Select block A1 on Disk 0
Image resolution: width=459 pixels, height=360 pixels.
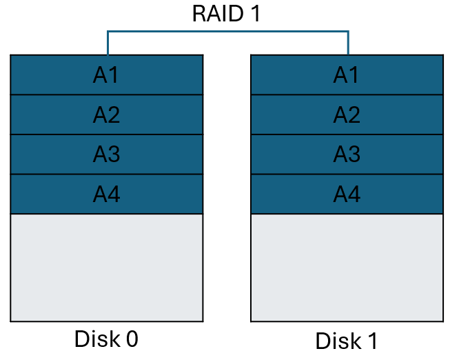[x=107, y=74]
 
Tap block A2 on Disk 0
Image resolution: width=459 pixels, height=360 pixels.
[x=107, y=114]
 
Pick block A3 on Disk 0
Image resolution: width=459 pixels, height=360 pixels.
[x=107, y=154]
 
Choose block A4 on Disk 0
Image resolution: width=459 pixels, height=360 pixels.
[x=107, y=194]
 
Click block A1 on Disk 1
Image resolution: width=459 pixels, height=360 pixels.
[x=347, y=74]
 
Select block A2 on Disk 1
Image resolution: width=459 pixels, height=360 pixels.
[x=347, y=114]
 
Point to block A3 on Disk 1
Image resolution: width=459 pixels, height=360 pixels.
[x=347, y=154]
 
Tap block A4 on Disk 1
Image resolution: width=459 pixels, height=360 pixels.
[x=347, y=194]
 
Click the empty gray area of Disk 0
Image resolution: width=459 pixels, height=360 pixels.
[x=107, y=268]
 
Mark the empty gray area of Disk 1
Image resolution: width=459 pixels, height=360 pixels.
[x=347, y=268]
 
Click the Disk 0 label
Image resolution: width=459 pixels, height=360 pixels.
[x=106, y=339]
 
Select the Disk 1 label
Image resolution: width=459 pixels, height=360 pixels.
[x=347, y=341]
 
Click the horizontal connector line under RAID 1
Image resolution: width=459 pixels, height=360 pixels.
[x=227, y=31]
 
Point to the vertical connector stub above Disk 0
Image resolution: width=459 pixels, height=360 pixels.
[x=108, y=43]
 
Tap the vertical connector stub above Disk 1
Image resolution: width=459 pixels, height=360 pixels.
[x=348, y=43]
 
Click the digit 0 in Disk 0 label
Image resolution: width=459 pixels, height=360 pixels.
[x=131, y=339]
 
